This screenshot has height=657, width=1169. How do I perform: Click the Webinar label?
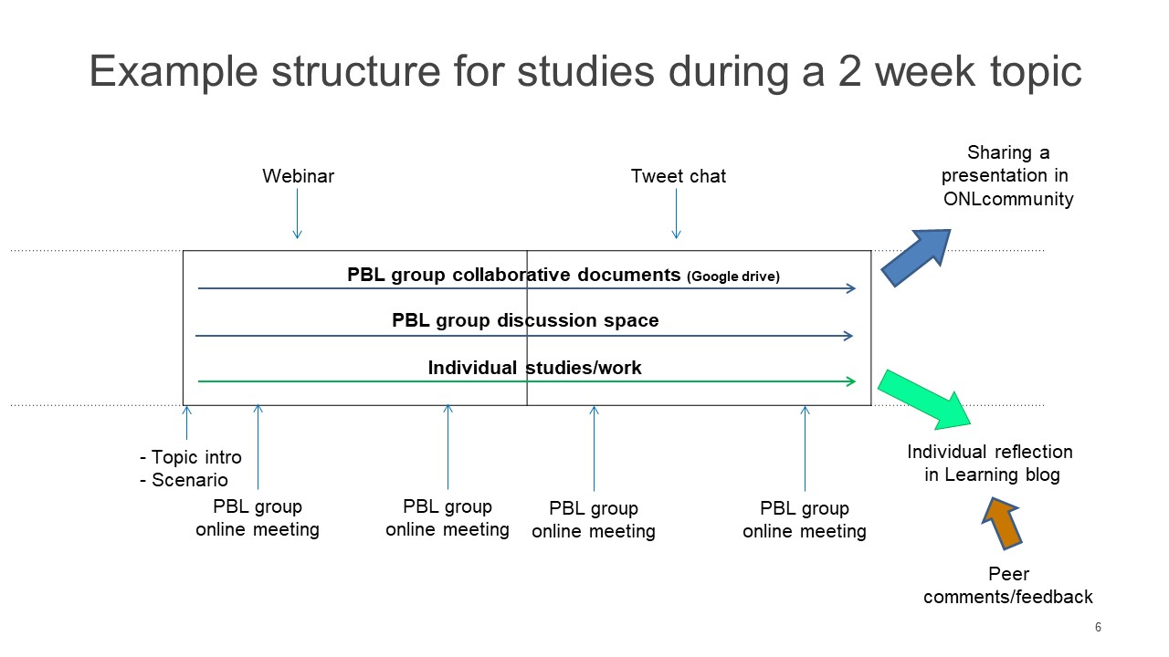pyautogui.click(x=298, y=176)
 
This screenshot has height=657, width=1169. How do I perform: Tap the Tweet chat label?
pyautogui.click(x=678, y=176)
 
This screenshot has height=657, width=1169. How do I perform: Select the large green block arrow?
pyautogui.click(x=923, y=400)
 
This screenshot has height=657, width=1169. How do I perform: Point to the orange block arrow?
pyautogui.click(x=1002, y=523)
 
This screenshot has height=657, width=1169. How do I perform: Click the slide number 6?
pyautogui.click(x=1098, y=627)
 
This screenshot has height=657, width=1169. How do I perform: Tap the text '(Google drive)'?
pyautogui.click(x=733, y=276)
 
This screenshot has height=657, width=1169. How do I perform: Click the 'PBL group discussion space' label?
pyautogui.click(x=525, y=320)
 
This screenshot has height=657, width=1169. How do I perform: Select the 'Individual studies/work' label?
pyautogui.click(x=534, y=368)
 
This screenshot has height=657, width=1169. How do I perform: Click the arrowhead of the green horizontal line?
pyautogui.click(x=852, y=381)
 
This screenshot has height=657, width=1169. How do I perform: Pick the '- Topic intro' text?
pyautogui.click(x=191, y=457)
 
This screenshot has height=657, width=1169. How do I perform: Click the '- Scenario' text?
pyautogui.click(x=184, y=480)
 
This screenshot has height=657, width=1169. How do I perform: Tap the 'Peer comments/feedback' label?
pyautogui.click(x=1007, y=585)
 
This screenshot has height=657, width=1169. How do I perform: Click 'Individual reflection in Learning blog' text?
pyautogui.click(x=990, y=463)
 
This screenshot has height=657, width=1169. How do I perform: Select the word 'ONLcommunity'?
pyautogui.click(x=1008, y=199)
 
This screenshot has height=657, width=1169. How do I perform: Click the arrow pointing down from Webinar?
pyautogui.click(x=298, y=214)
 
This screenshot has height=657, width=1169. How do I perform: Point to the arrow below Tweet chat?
pyautogui.click(x=677, y=214)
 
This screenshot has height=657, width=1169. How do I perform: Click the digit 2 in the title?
pyautogui.click(x=849, y=71)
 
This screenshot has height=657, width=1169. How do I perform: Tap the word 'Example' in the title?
pyautogui.click(x=174, y=73)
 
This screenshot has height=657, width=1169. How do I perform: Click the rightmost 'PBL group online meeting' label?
pyautogui.click(x=805, y=519)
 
